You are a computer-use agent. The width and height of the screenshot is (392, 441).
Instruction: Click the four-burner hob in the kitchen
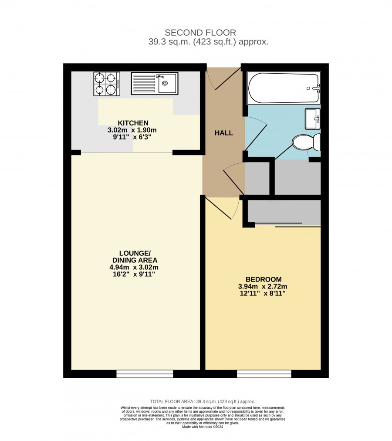pos(107,84)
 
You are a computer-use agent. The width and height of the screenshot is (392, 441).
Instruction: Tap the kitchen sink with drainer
pos(154,83)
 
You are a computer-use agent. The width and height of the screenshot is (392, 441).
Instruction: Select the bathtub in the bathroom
pos(284,88)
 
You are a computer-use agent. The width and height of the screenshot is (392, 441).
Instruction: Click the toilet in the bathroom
pos(306,142)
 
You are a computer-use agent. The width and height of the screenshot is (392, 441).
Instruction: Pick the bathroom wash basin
pos(313,119)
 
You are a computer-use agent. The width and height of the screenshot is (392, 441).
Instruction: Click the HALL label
pos(224,133)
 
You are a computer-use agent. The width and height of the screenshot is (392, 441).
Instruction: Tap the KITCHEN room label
pos(133,123)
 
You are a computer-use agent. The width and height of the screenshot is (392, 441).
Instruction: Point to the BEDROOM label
pos(264,279)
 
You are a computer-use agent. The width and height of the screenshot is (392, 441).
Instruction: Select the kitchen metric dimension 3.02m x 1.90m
pos(132,130)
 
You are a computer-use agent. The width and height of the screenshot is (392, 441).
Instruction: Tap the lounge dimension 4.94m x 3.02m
pos(134,267)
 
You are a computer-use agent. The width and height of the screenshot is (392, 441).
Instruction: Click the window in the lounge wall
pos(145,374)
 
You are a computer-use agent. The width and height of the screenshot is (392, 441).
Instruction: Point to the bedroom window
pos(264,374)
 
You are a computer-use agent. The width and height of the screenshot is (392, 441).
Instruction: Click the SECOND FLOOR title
pos(200,33)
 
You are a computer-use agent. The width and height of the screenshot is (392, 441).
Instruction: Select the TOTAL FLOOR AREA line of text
pos(203,402)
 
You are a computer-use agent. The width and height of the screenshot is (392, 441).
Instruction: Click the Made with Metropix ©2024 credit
pos(203,427)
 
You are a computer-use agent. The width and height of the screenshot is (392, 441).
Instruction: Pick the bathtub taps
pos(317,88)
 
